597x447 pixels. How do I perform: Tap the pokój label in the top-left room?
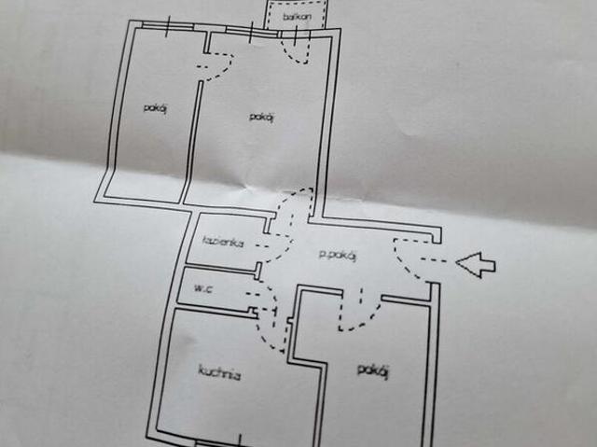click(155, 107)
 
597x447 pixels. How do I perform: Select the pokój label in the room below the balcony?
click(261, 116)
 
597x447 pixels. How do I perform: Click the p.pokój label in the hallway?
click(338, 257)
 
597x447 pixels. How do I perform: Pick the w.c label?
click(204, 288)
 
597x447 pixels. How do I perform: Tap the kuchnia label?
click(219, 375)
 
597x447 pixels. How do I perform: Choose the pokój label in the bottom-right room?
click(372, 370)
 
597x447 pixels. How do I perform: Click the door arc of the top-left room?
click(216, 67)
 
